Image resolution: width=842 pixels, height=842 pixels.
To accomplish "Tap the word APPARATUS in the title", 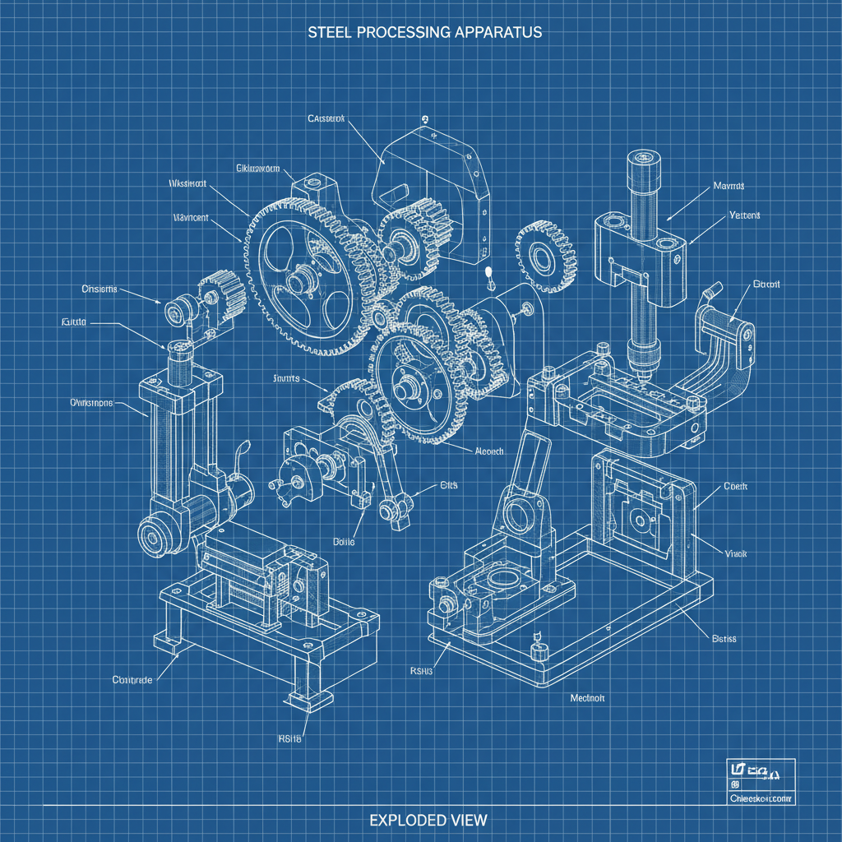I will coord(497,32).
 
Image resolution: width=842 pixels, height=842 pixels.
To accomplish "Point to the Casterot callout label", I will coord(326,118).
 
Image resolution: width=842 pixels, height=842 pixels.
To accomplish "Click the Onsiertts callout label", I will coord(99,289).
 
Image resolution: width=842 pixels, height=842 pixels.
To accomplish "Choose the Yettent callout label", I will coord(744,215).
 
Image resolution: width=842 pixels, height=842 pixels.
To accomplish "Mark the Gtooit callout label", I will coord(766,285).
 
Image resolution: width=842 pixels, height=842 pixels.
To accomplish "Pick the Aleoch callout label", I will coord(489,451).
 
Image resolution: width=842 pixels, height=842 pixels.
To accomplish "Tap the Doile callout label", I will coord(344,542).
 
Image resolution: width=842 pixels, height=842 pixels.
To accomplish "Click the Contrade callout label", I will coord(132,680).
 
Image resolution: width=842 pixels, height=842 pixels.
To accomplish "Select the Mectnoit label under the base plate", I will coord(587,697).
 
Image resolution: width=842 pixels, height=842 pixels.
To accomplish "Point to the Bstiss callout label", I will coord(724,639).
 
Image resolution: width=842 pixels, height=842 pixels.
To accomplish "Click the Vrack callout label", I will coord(735,554).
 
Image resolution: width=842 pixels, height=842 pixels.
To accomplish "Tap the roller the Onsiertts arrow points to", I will coord(177,312).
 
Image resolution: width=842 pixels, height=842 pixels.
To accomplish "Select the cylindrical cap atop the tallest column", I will coord(642,170).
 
